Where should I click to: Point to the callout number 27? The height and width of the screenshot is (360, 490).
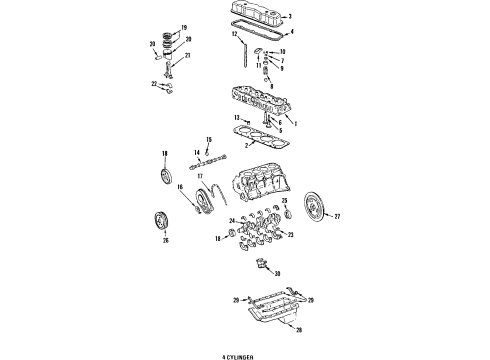337,216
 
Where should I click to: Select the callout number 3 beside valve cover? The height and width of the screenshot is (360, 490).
289,17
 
